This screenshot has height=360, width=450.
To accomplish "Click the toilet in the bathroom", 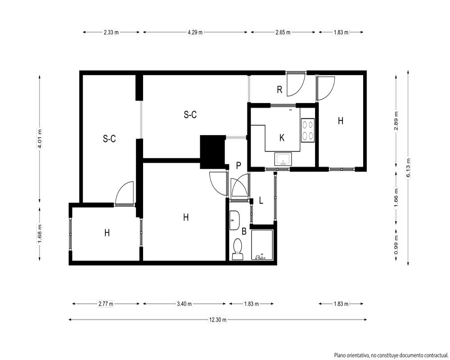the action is [x=238, y=249].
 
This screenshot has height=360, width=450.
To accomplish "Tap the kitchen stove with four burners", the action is [x=308, y=130].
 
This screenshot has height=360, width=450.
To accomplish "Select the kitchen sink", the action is [x=283, y=159].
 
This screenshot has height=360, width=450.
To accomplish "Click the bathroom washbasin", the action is [x=235, y=220].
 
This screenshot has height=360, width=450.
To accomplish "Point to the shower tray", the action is [x=262, y=245].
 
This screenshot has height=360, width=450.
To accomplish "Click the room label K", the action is [x=282, y=138].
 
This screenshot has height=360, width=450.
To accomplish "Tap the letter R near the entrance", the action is [x=279, y=90].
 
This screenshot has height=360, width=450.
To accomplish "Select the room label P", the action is [x=238, y=166].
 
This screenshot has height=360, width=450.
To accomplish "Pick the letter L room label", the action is [x=261, y=200].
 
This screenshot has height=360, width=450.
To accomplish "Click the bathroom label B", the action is [x=244, y=231].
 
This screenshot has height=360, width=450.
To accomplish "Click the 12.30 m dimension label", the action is [x=218, y=319].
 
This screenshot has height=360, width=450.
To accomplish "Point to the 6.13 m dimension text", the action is [x=408, y=168].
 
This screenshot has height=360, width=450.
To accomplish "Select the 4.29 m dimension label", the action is [x=195, y=32].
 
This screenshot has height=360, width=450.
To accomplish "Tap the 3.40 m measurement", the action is [x=184, y=304].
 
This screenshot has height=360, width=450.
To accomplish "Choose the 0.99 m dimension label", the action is [x=396, y=245].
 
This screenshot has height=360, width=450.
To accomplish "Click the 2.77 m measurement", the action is [x=106, y=304].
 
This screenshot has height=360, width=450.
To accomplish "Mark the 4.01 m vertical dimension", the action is [x=40, y=139].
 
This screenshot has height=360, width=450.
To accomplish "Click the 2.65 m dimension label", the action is [x=283, y=32].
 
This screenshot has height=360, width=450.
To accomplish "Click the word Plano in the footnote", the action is [x=340, y=355].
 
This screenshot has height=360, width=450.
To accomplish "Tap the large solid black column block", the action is [x=212, y=152].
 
